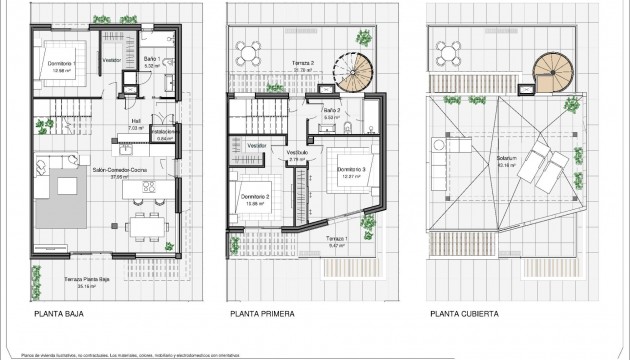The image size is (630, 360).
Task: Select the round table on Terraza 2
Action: point(250,50)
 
